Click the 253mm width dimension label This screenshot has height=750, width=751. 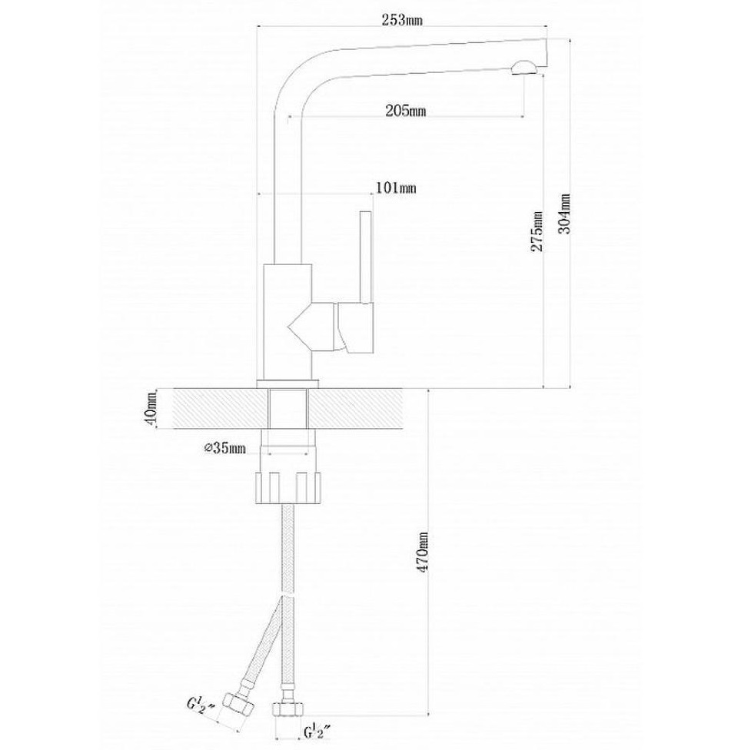coord(402,20)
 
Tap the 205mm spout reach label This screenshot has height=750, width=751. coord(406,111)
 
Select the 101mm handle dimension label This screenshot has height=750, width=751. coord(396,187)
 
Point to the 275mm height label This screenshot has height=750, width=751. coord(537,231)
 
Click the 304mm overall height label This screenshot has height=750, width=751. coord(565,213)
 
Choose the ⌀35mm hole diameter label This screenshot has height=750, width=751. coord(224,448)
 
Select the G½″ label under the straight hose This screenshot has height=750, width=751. coord(318,733)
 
